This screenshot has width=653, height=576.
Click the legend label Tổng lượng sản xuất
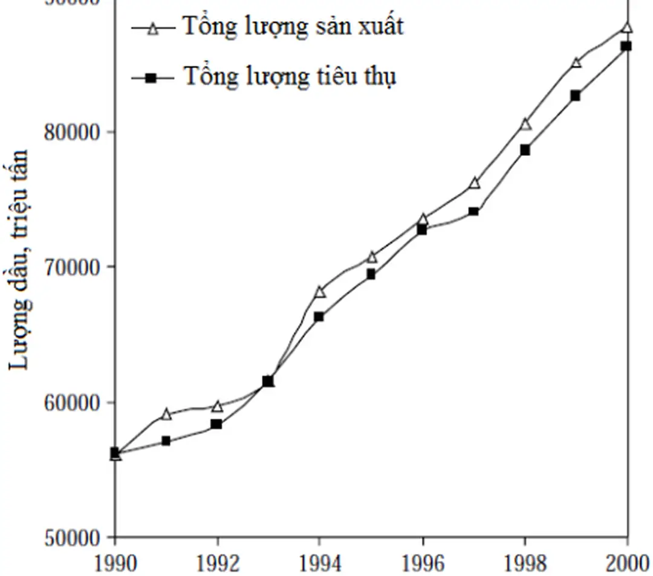[x=293, y=27]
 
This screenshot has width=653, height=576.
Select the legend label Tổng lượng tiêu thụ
[x=290, y=77]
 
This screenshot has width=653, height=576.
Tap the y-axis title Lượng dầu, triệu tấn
[x=20, y=259]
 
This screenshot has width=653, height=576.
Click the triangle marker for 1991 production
[x=166, y=415]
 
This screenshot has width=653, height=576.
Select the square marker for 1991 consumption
[x=166, y=441]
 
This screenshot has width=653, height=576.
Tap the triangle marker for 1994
[x=320, y=292]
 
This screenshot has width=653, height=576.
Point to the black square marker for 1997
[x=473, y=212]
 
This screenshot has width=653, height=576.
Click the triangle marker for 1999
[x=576, y=62]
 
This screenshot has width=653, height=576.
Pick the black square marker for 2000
[x=626, y=46]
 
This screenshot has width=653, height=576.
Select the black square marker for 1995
[x=371, y=274]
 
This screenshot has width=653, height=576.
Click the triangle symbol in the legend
[x=153, y=28]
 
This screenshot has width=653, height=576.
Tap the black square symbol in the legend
[x=153, y=77]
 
